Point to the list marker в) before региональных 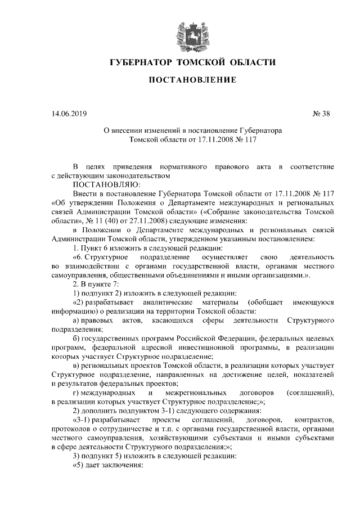(x=78, y=366)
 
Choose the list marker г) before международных (x=78, y=392)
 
